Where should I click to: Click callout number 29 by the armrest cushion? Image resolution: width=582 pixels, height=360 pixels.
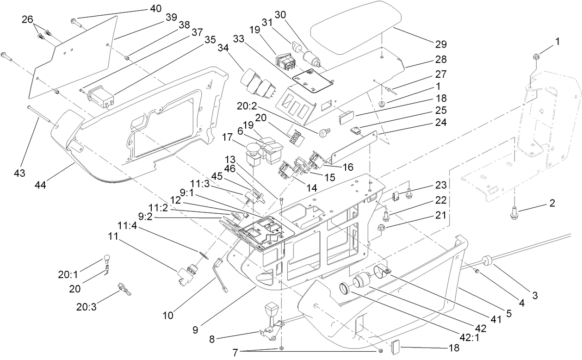pyautogui.click(x=440, y=44)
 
